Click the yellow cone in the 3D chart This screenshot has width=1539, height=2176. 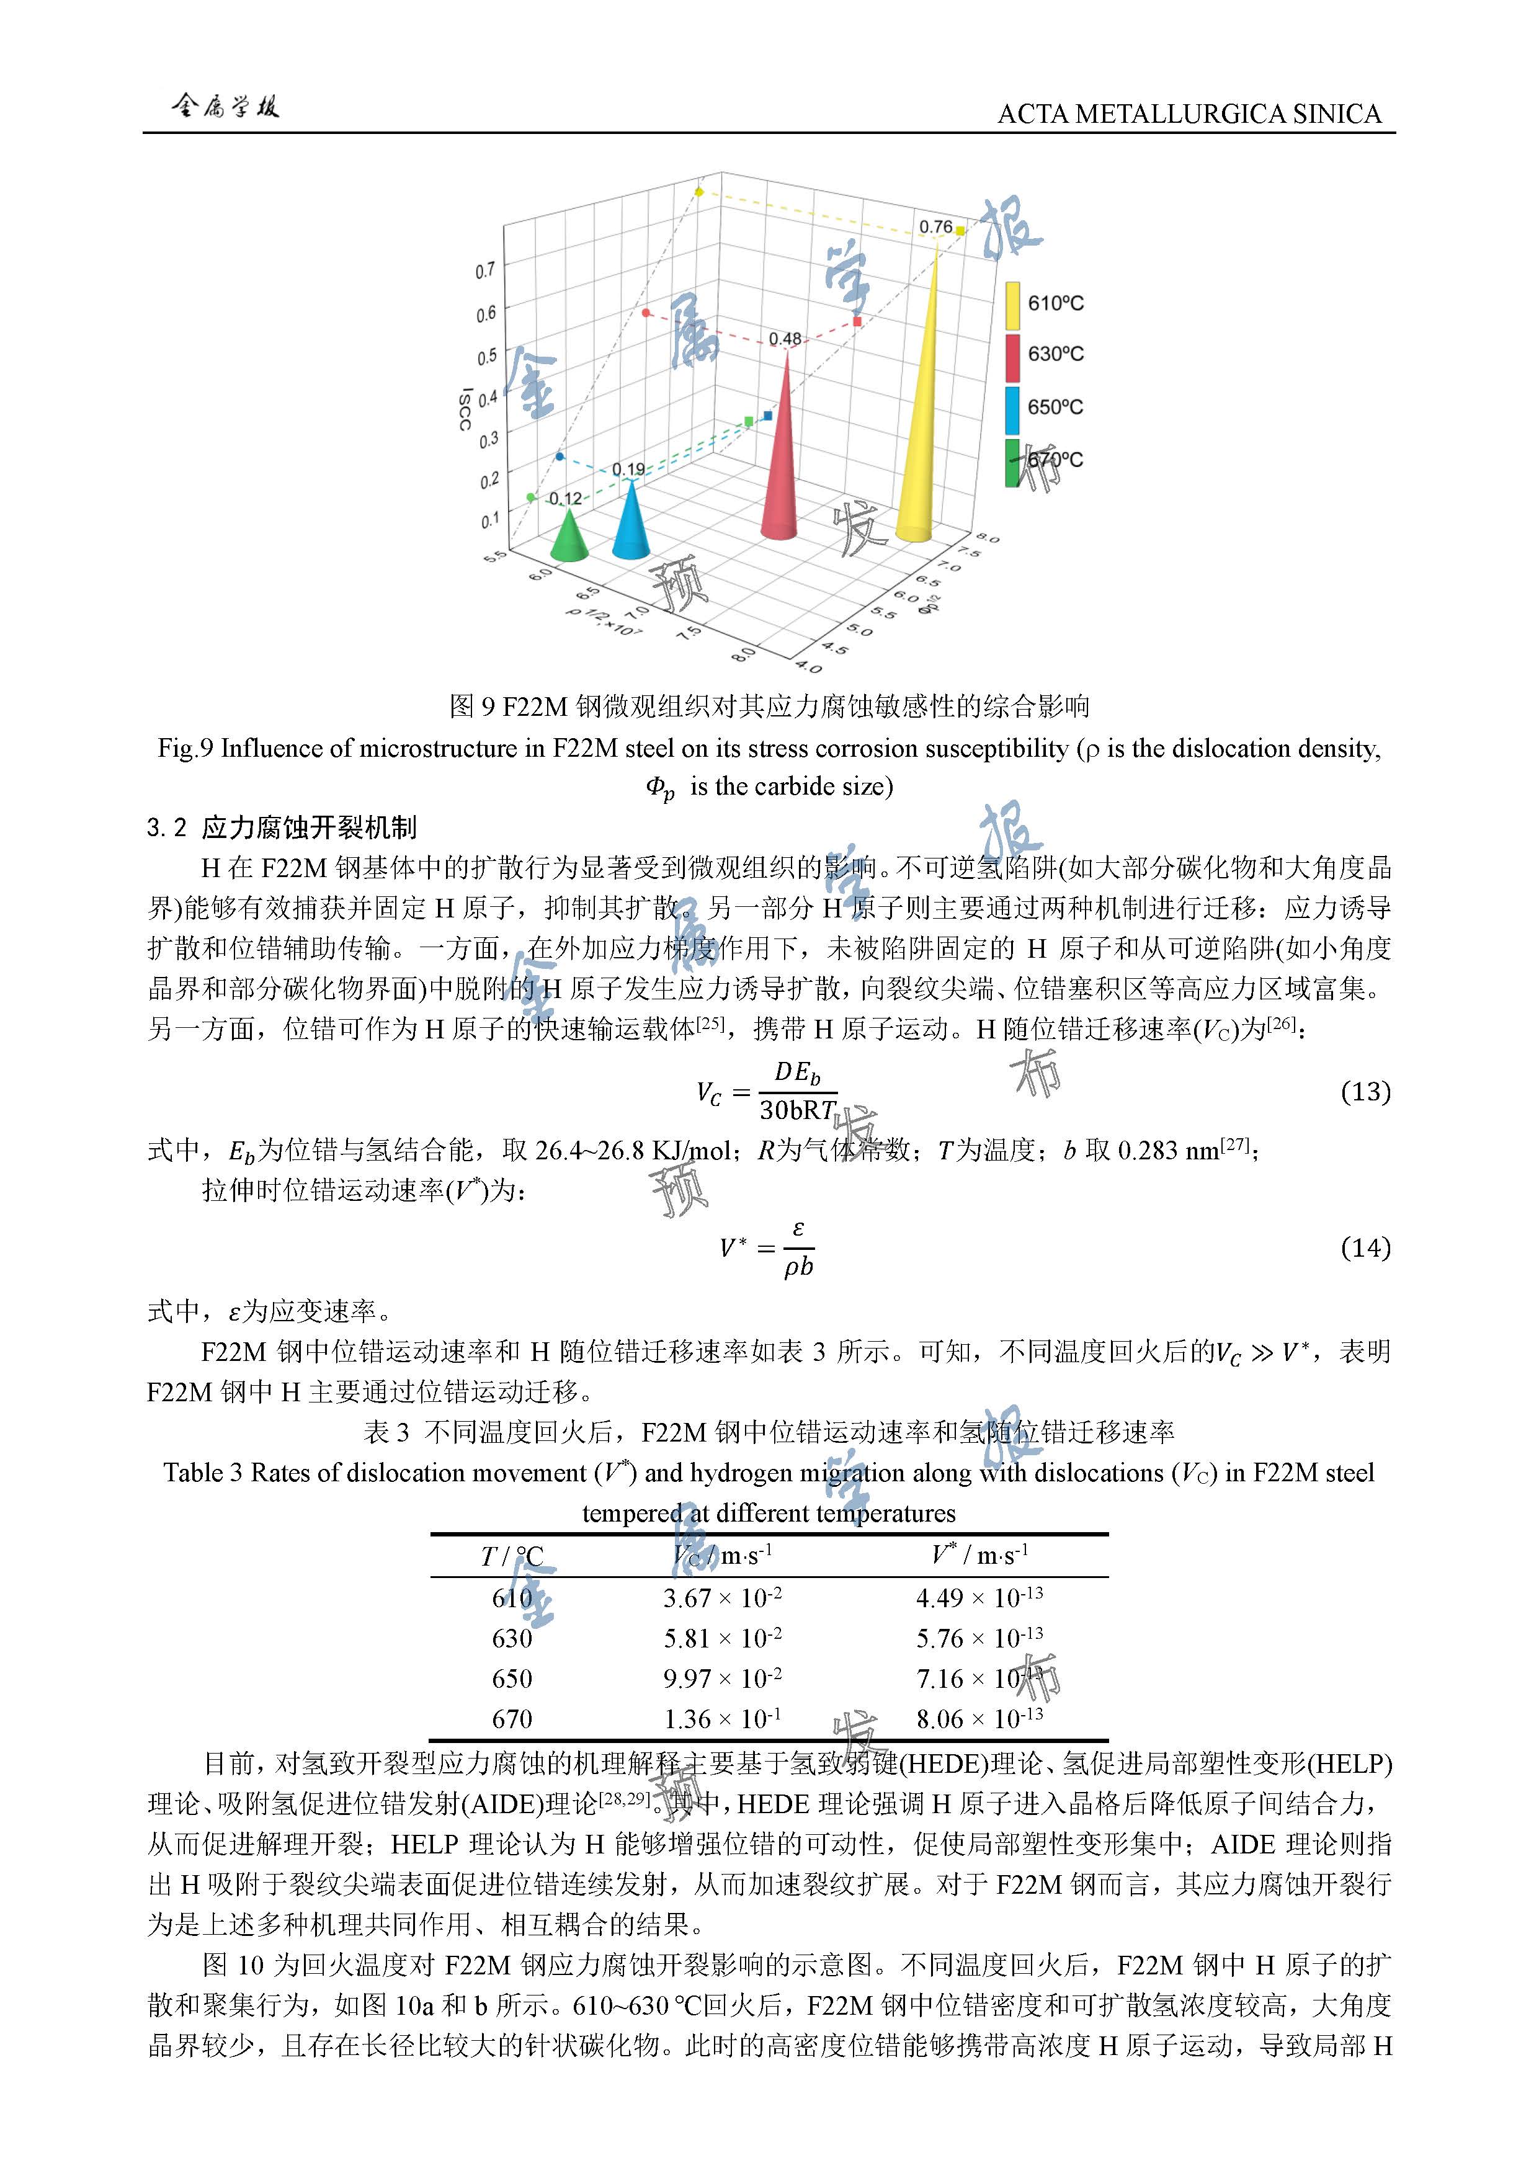[x=919, y=436]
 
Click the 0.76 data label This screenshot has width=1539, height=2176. [x=935, y=228]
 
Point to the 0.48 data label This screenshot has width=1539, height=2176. [x=785, y=338]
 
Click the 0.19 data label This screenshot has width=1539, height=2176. [x=628, y=469]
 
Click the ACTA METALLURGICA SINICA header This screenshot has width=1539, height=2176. [x=1189, y=115]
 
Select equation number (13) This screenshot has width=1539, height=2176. [x=1365, y=1092]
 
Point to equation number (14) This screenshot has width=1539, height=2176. [x=1365, y=1248]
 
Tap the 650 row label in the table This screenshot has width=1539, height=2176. [x=512, y=1679]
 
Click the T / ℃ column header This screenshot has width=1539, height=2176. [x=512, y=1556]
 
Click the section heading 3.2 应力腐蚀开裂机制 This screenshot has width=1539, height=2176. [x=282, y=827]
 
